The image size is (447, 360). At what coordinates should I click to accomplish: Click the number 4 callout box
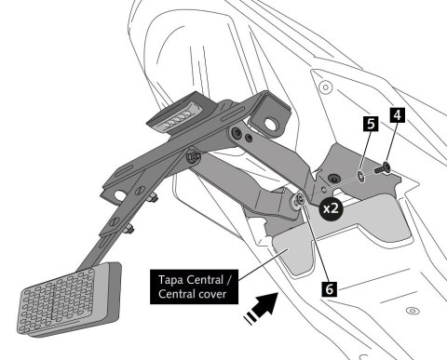398,116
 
